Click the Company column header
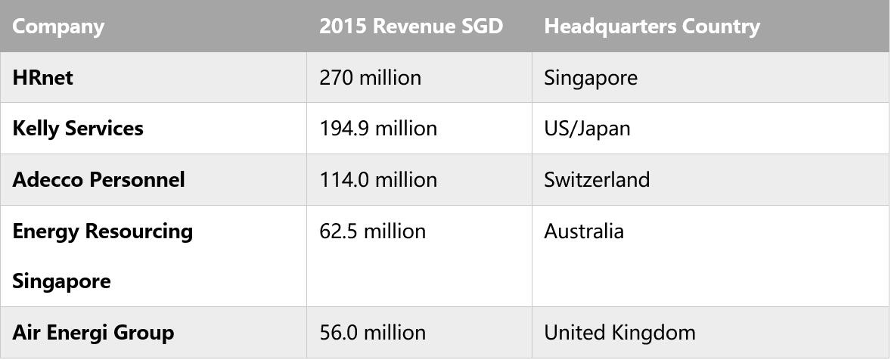click(58, 26)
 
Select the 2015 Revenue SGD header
click(411, 26)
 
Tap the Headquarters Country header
click(651, 26)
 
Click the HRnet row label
click(42, 78)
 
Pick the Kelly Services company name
click(78, 129)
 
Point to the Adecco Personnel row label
click(98, 180)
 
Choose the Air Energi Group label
click(93, 333)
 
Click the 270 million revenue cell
click(370, 78)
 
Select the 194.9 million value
click(378, 129)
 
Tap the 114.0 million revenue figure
click(378, 180)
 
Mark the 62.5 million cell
click(372, 231)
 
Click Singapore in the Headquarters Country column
click(591, 78)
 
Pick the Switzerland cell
click(597, 180)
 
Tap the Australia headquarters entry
click(584, 231)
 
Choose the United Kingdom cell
click(619, 333)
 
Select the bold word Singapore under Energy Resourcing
click(61, 282)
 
